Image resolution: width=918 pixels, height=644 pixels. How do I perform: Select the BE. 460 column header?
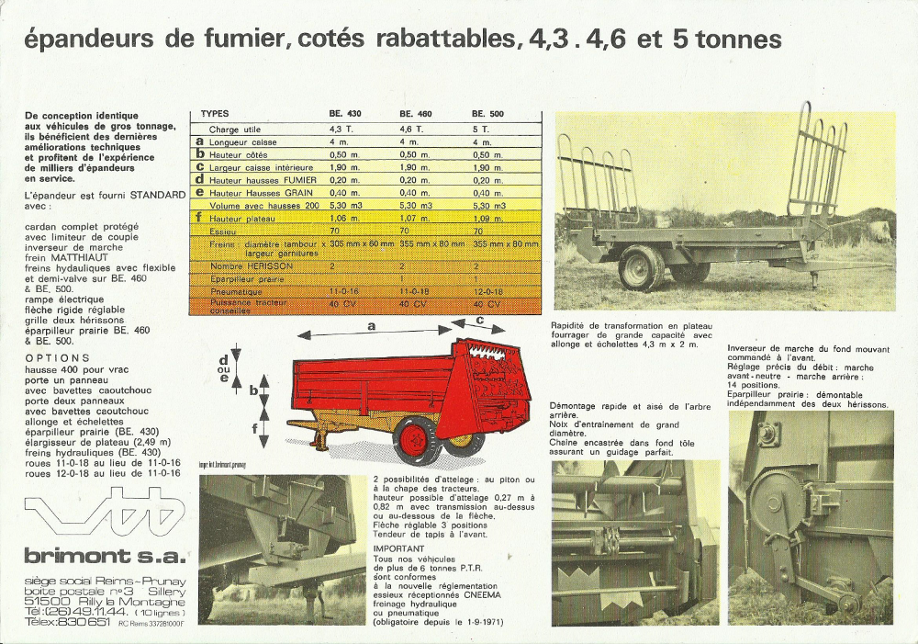(415, 114)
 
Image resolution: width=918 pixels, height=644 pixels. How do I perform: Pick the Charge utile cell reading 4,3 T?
(341, 130)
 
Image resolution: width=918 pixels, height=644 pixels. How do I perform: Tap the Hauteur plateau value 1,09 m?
(487, 220)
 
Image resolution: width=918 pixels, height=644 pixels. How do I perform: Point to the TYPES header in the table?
(215, 114)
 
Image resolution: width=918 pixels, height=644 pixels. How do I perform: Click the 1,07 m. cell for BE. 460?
(415, 220)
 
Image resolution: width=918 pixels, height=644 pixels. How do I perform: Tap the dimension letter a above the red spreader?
(372, 325)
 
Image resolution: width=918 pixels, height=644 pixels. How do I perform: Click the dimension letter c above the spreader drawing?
(480, 320)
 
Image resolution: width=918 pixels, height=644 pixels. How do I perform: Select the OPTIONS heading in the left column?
(58, 357)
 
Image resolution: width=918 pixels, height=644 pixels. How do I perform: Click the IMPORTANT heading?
(398, 548)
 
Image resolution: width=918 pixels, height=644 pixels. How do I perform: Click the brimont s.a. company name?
(105, 556)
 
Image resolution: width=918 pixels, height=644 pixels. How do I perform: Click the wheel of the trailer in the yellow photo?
(641, 267)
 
